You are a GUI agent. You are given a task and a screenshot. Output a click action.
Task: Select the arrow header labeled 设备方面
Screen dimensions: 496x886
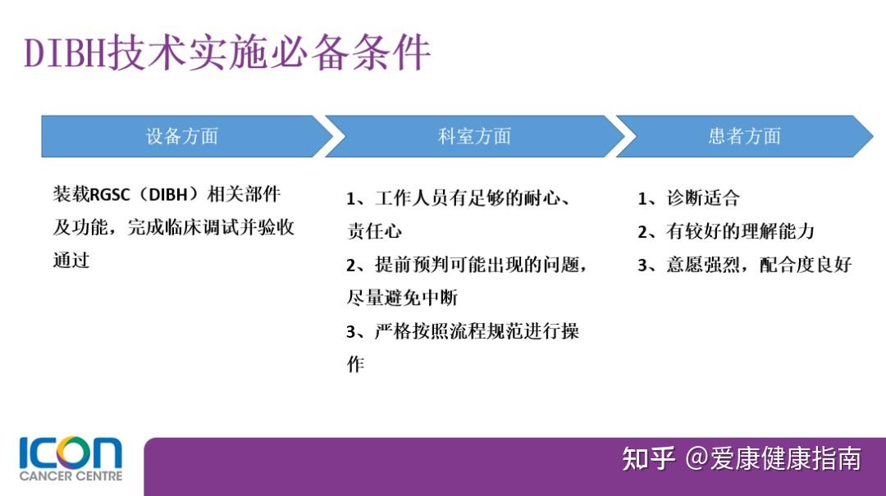(182, 136)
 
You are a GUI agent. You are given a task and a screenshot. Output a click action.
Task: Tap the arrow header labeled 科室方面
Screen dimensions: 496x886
(474, 136)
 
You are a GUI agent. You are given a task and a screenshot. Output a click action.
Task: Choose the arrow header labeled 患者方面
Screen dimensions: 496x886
(744, 136)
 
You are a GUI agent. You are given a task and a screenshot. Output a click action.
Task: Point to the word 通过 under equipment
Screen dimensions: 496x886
(71, 261)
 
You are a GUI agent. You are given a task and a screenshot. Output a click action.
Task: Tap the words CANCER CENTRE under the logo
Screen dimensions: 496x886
(71, 476)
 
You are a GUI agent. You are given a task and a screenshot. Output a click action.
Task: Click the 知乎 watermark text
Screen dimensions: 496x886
(648, 458)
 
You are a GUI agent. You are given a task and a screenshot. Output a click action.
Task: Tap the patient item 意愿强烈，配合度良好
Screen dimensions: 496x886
(759, 265)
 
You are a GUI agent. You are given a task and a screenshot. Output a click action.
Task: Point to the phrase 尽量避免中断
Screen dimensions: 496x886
(402, 298)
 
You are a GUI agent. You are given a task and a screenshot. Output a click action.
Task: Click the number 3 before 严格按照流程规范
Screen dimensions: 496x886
(351, 332)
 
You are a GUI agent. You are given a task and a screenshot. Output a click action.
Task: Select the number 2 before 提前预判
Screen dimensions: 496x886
(351, 266)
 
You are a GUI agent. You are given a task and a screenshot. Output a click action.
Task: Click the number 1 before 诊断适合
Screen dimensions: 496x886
(643, 198)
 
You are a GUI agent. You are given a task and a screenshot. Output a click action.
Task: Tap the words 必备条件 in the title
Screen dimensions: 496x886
(369, 53)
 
